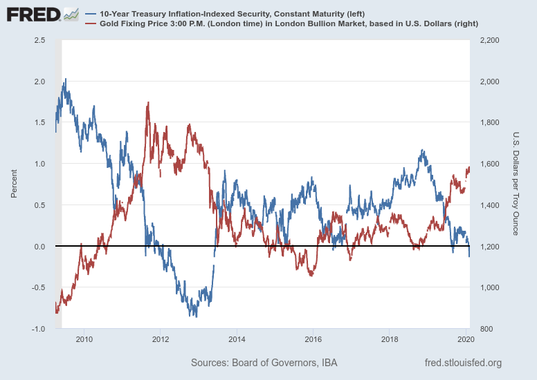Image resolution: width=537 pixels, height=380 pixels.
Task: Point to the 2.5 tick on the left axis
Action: tap(40, 41)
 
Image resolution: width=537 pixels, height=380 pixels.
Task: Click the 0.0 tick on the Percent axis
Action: tap(40, 247)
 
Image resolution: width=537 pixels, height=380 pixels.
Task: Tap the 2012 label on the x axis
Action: tap(161, 339)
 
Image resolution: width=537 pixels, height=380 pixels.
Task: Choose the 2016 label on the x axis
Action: tap(313, 339)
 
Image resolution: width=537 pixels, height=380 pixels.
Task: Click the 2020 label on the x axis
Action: tap(465, 339)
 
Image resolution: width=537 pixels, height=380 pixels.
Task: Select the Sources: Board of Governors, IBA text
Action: tap(264, 363)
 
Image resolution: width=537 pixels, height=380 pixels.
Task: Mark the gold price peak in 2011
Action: tap(148, 103)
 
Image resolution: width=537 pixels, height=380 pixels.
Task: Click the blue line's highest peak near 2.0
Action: tap(66, 79)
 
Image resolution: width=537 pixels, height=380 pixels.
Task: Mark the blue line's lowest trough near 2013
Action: tap(197, 316)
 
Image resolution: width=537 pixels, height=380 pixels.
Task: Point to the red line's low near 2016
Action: tap(311, 276)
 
